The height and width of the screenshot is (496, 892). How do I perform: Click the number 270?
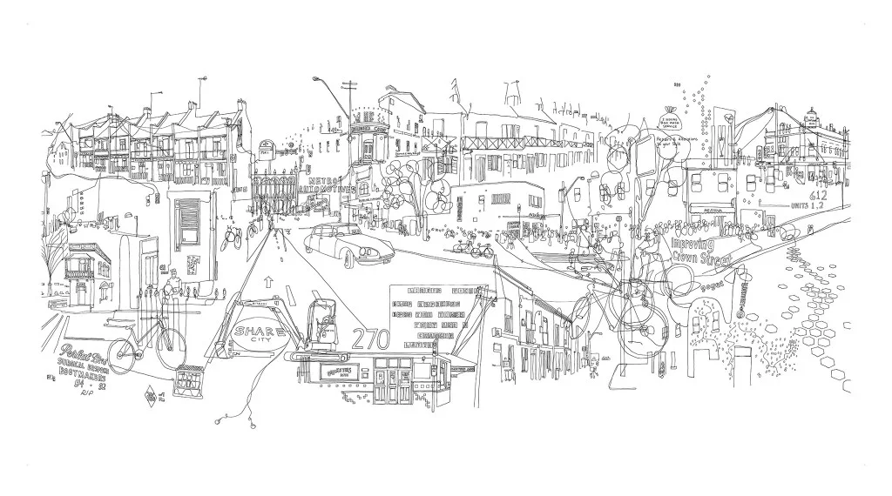(369, 338)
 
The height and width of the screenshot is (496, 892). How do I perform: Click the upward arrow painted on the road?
(268, 281)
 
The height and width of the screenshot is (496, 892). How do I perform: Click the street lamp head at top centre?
(316, 79)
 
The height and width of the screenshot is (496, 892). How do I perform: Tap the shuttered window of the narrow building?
(188, 222)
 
